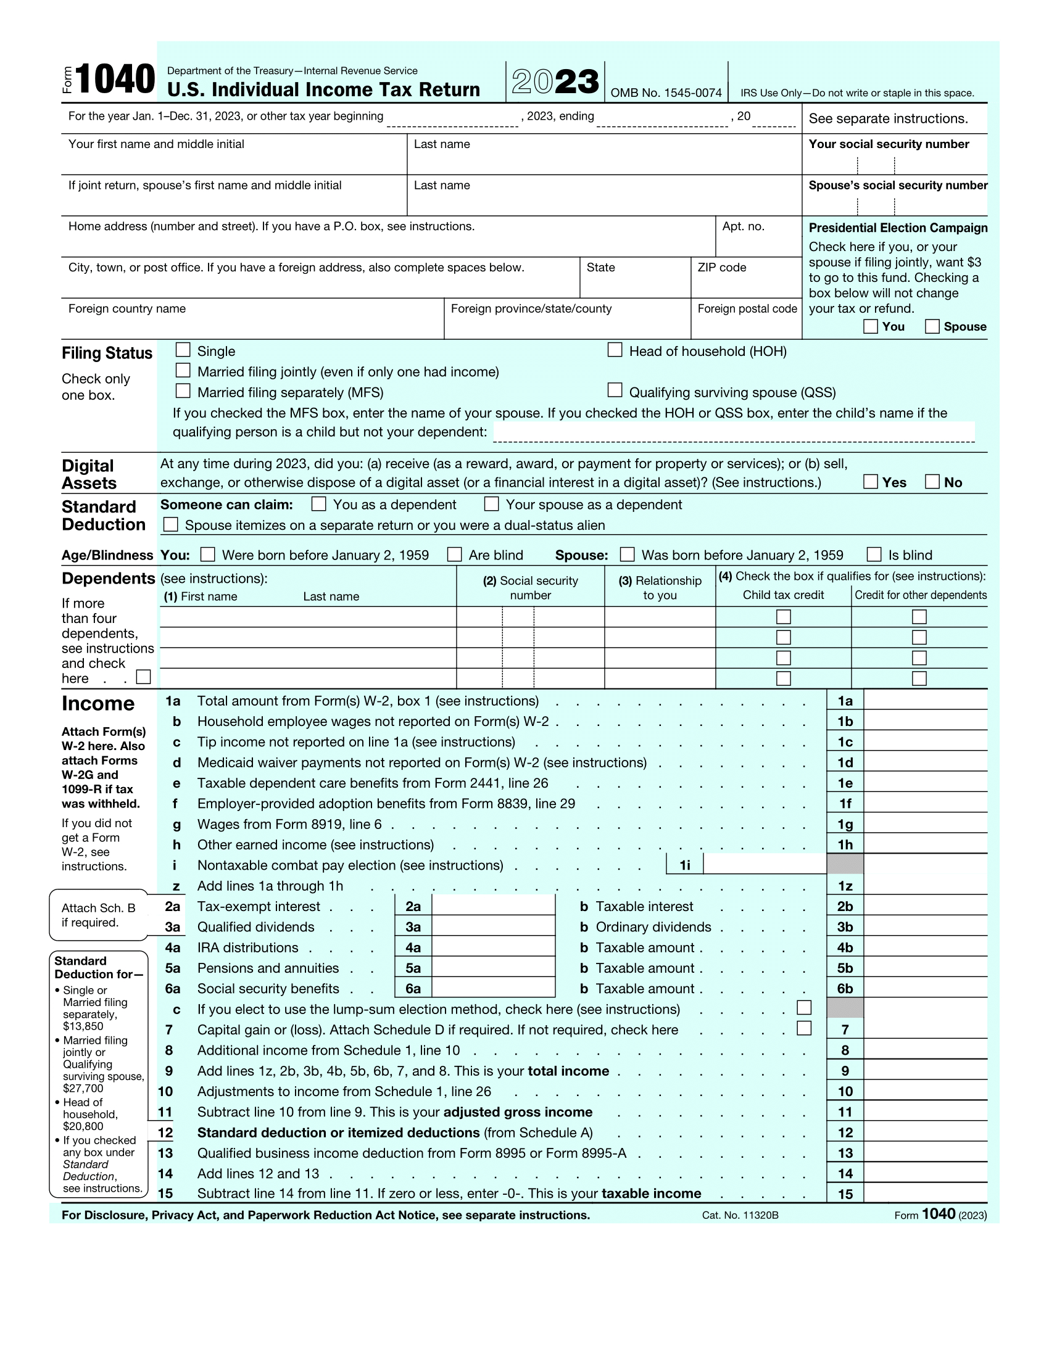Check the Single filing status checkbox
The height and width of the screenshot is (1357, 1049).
tap(183, 350)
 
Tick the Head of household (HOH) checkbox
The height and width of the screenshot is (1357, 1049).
tap(615, 350)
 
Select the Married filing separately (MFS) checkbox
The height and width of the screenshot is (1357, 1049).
tap(183, 391)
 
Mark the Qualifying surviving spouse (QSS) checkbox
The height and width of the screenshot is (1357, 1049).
tap(615, 390)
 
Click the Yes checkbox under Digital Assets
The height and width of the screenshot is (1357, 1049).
tap(871, 482)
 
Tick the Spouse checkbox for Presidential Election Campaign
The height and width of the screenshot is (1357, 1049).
tap(932, 326)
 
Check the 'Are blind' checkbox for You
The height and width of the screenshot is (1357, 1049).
tap(455, 555)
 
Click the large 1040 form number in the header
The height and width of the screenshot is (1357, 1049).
tap(115, 80)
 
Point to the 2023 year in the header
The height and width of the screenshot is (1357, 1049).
tap(555, 81)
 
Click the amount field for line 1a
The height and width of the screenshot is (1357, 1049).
tap(925, 701)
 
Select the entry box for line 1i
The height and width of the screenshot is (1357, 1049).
tap(765, 864)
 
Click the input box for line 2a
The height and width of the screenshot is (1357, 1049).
tap(493, 906)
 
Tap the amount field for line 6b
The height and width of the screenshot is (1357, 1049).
tap(925, 988)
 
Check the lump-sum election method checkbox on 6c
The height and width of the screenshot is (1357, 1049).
tap(804, 1007)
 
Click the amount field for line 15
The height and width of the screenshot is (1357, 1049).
tap(925, 1193)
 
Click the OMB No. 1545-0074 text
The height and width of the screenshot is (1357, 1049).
tap(666, 93)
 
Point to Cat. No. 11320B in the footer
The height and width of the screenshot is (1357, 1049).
tap(740, 1215)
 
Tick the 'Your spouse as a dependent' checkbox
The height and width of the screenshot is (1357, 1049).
tap(492, 503)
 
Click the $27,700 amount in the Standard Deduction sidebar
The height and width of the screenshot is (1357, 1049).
tap(83, 1088)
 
